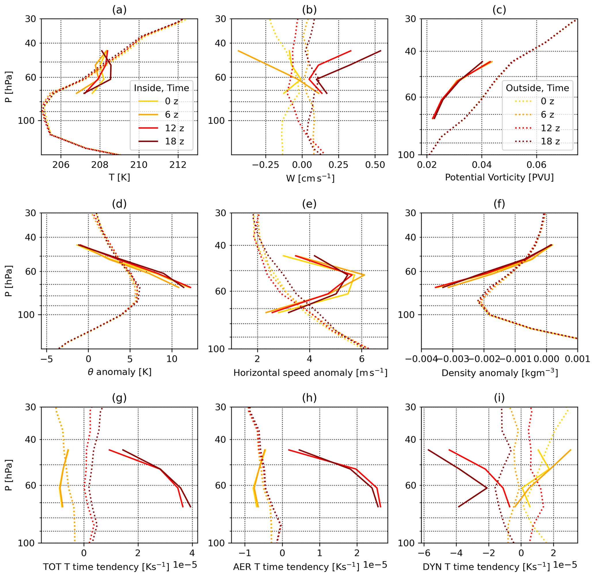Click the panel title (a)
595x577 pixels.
(119, 10)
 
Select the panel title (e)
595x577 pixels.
(309, 204)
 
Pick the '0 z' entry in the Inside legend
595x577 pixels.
(172, 101)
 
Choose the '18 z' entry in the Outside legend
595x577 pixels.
(550, 141)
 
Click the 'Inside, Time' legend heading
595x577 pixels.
(161, 88)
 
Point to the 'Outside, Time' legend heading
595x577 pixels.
(537, 88)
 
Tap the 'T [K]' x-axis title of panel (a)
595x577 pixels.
(119, 177)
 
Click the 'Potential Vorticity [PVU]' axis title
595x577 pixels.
(499, 177)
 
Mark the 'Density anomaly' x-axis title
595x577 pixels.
(500, 372)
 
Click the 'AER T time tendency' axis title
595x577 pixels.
(296, 567)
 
